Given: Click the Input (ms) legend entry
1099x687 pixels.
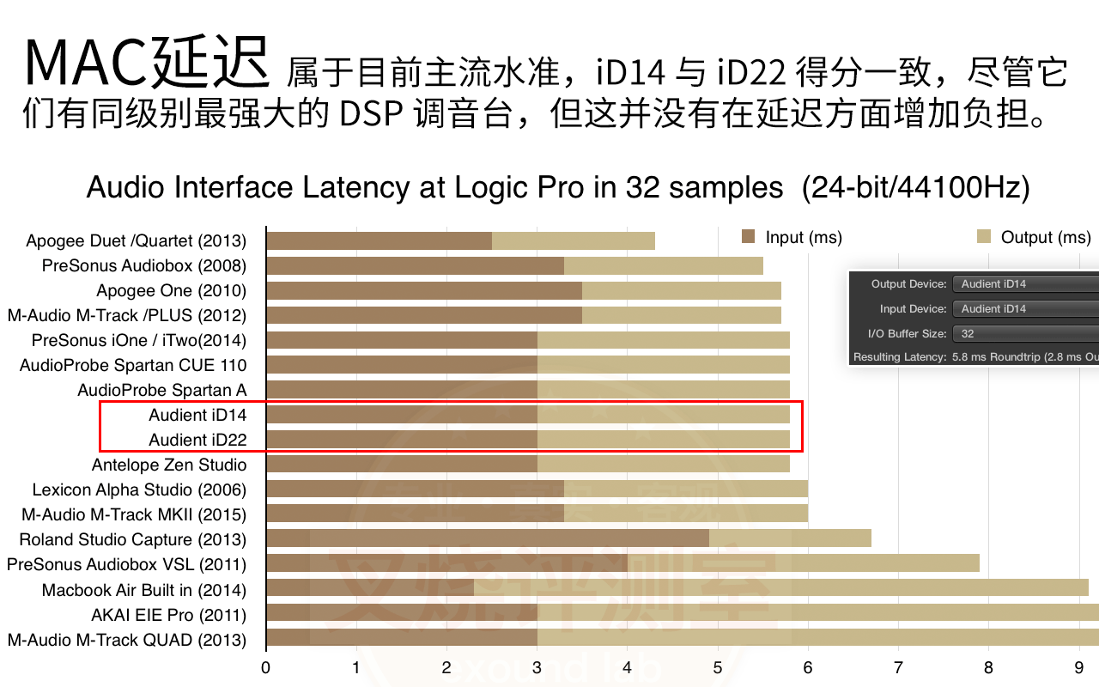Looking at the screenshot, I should point(791,237).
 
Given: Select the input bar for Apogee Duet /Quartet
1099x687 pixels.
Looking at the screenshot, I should point(379,240).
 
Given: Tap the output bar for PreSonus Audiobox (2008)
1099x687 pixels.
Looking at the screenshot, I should point(663,265).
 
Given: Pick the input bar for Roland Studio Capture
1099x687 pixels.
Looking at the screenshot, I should point(488,539).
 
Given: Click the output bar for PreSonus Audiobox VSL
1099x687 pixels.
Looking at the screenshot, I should point(803,564).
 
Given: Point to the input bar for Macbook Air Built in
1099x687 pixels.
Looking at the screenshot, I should point(370,589).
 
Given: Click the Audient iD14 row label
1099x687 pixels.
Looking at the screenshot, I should point(197,415).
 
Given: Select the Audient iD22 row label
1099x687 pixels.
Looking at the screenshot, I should point(197,440).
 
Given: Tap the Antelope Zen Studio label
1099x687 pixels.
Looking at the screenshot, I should point(169,465).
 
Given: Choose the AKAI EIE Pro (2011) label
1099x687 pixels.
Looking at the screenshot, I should point(168,615).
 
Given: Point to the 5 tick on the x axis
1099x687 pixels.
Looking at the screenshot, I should point(718,667).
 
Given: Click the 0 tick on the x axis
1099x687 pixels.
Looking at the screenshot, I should point(266,667).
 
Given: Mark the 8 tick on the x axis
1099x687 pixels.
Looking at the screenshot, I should point(988,667).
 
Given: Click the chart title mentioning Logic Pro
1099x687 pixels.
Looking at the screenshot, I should point(558,187).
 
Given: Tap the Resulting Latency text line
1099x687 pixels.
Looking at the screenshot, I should point(975,356).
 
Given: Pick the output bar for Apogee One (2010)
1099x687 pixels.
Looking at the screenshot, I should point(681,290).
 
